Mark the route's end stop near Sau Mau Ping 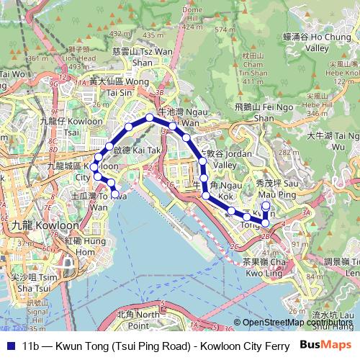265,205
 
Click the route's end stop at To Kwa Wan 115,194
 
